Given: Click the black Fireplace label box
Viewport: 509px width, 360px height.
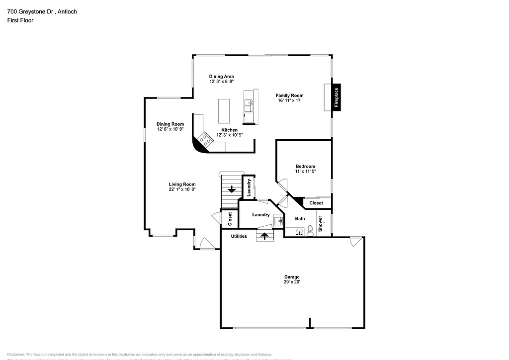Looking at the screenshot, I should [336, 97].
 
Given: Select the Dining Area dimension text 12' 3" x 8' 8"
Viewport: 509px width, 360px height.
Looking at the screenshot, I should [221, 81].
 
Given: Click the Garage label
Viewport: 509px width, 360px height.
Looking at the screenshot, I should [292, 277].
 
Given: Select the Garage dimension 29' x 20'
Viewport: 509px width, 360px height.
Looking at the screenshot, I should [292, 282].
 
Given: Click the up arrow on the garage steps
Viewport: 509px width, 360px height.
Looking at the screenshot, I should [264, 236].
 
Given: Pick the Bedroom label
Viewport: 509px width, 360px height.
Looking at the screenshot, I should [305, 167].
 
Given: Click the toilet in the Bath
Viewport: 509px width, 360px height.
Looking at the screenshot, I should [310, 230].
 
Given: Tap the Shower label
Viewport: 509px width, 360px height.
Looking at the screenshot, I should [321, 223].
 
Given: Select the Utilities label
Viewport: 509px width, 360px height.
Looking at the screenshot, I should [239, 236].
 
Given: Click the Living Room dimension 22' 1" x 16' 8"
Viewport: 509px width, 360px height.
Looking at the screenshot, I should [182, 189].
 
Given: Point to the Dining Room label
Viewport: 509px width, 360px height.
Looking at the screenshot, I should [170, 124].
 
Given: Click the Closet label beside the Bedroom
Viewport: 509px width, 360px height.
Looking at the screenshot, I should [316, 203].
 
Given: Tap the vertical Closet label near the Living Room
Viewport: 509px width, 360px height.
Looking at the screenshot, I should [230, 219].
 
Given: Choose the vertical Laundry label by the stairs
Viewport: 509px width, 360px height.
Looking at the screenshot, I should [249, 187].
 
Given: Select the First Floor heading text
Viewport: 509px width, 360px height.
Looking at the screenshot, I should [20, 20].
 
